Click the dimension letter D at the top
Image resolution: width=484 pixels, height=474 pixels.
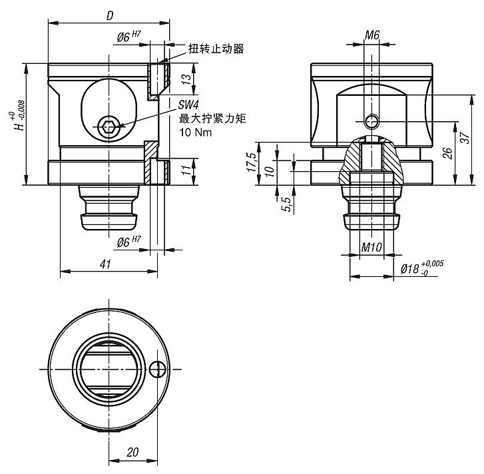coord(109,15)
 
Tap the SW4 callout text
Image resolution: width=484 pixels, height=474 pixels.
coord(188,105)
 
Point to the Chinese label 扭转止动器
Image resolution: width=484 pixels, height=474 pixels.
coord(216,49)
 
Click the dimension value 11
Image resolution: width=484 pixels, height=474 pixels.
coord(187,170)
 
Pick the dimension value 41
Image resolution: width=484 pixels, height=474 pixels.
coord(105,264)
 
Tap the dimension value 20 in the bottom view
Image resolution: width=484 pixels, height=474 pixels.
coord(132,452)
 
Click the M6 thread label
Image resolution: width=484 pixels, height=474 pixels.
coord(373,34)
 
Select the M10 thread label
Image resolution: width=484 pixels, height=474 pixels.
coord(371,248)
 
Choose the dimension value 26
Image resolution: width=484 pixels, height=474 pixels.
coord(448,152)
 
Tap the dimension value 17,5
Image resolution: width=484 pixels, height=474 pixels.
coord(252,162)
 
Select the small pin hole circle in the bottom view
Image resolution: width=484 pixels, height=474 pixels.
coord(157,369)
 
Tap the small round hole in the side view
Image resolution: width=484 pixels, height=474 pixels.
coord(373,121)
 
